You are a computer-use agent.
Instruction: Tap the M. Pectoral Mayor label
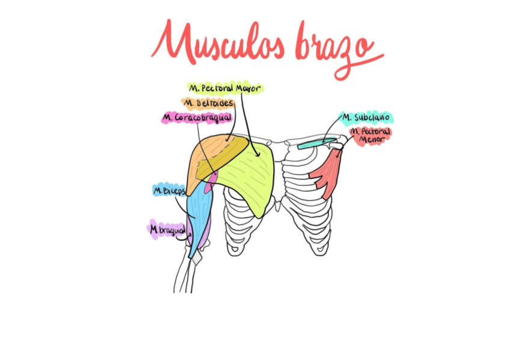pyautogui.click(x=224, y=88)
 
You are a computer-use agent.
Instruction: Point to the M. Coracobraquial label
pyautogui.click(x=197, y=118)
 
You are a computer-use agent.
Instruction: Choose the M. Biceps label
pyautogui.click(x=169, y=191)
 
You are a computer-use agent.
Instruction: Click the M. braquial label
pyautogui.click(x=167, y=229)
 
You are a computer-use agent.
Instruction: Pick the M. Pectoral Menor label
pyautogui.click(x=370, y=136)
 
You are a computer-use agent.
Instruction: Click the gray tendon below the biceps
pyautogui.click(x=196, y=258)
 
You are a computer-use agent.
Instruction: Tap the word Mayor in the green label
pyautogui.click(x=247, y=88)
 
